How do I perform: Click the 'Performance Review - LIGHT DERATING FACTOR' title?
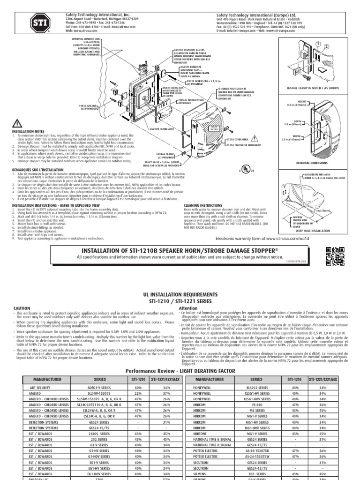point(180,370)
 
